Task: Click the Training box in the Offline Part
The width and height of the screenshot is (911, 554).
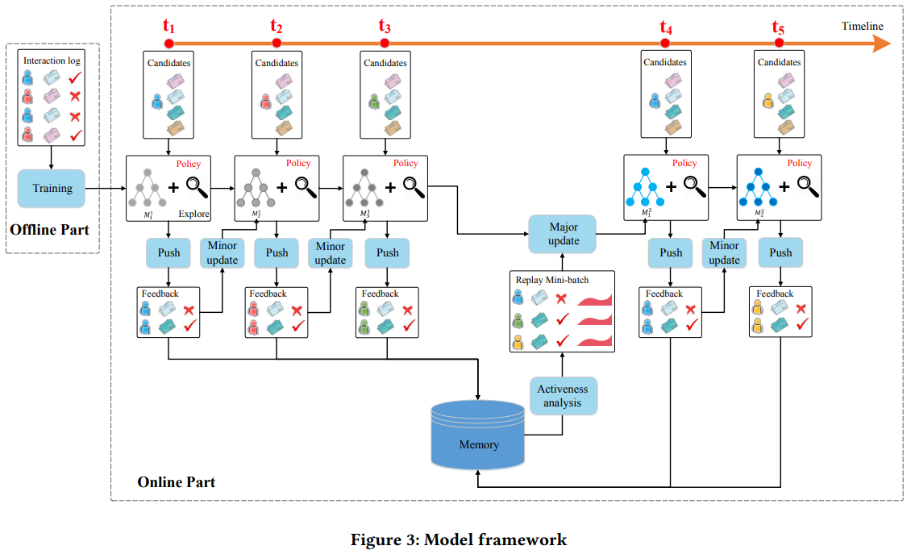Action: [x=52, y=189]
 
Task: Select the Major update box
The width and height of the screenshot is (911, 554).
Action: [x=564, y=234]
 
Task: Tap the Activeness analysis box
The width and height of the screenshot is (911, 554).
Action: [x=564, y=395]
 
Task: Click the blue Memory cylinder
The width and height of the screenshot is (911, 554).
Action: [x=478, y=435]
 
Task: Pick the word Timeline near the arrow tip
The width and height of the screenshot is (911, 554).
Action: [x=863, y=27]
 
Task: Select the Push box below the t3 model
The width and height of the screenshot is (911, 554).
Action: [x=387, y=252]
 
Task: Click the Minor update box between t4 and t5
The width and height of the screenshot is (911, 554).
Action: [x=724, y=252]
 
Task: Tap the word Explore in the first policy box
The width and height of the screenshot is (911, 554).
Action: [x=193, y=215]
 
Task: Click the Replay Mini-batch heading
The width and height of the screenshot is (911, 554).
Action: [x=553, y=280]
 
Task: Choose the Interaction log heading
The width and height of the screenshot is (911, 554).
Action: [x=52, y=60]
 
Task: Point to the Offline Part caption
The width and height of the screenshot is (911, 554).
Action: [x=49, y=230]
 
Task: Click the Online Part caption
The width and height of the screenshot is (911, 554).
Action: [x=177, y=482]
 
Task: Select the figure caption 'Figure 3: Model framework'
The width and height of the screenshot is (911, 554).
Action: [x=459, y=539]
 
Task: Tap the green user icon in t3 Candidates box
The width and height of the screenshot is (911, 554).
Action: [x=374, y=102]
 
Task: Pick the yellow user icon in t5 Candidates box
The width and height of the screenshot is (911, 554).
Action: [x=766, y=102]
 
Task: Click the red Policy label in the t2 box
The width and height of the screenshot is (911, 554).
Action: [x=298, y=164]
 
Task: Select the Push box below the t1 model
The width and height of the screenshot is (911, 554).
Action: [x=168, y=252]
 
